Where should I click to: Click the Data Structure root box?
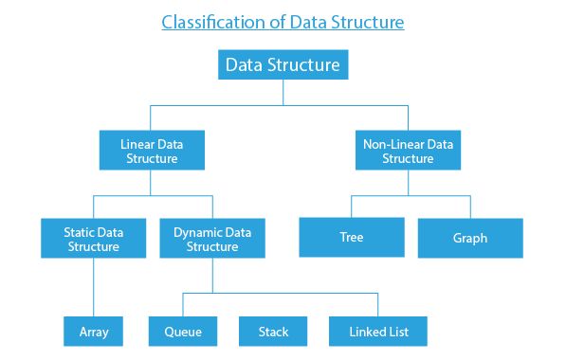coord(283,64)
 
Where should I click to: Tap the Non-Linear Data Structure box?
coord(408,151)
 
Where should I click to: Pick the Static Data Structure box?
coord(94,238)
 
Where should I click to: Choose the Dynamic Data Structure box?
coord(212,238)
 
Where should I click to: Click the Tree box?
coord(353,238)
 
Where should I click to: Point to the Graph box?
coord(470,238)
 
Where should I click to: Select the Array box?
coord(94,332)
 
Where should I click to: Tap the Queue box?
coord(183,332)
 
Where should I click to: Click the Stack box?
coord(273,332)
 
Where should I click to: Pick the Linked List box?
coord(377,332)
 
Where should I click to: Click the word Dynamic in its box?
coord(198,230)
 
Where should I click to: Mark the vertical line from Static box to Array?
coord(94,287)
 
